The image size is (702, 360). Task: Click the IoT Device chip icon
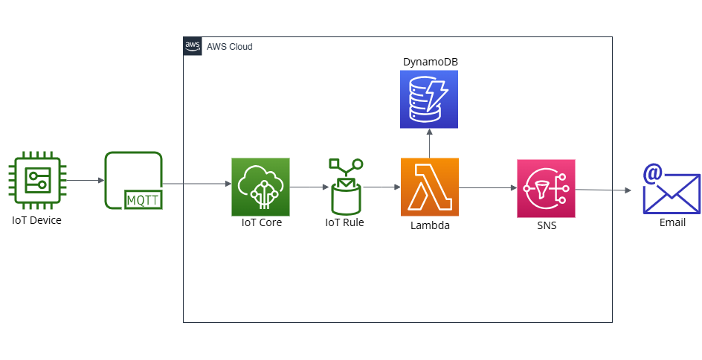[x=37, y=181]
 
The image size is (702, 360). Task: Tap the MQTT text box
[x=144, y=200]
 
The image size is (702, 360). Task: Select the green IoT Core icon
[x=260, y=187]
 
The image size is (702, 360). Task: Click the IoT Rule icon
[x=346, y=187]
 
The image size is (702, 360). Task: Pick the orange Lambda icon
[x=430, y=187]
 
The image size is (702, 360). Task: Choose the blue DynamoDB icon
[x=429, y=100]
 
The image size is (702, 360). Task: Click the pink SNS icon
[x=546, y=188]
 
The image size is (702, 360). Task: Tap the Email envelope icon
[x=672, y=189]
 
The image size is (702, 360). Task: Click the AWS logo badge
[x=193, y=46]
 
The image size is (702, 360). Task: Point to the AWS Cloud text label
[x=230, y=47]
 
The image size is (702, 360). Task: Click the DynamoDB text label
[x=431, y=62]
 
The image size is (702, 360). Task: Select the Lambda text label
[x=431, y=225]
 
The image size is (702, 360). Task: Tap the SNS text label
[x=547, y=225]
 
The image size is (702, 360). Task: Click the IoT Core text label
[x=262, y=222]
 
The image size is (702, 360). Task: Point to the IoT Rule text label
[x=345, y=222]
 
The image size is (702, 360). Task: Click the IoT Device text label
[x=36, y=220]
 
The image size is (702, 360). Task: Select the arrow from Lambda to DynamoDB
[x=429, y=144]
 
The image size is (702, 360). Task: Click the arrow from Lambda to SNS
[x=488, y=188]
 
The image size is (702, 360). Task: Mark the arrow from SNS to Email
[x=603, y=190]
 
